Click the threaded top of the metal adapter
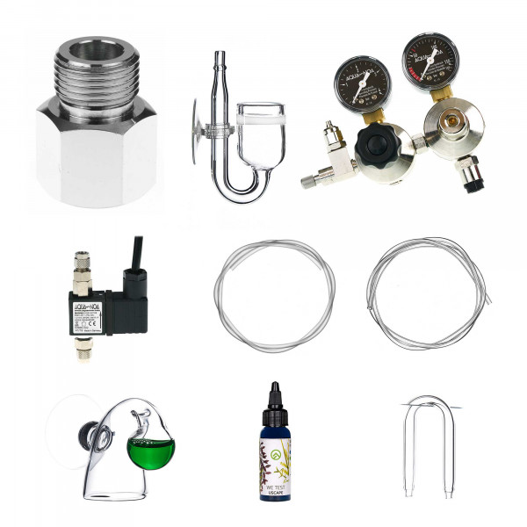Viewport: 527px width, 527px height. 97,67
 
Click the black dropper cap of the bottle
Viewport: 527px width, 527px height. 275,402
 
